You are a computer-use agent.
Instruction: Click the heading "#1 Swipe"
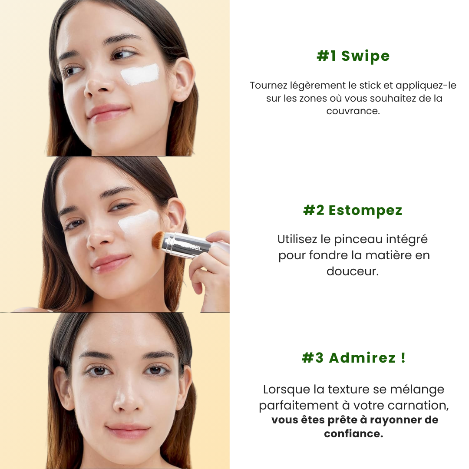(x=353, y=56)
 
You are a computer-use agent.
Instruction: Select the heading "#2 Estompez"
(x=353, y=210)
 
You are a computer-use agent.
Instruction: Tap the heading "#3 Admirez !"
(x=353, y=358)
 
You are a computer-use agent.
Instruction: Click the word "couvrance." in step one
(x=353, y=111)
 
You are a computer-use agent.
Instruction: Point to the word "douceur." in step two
(x=353, y=271)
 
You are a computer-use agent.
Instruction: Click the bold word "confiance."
(x=353, y=433)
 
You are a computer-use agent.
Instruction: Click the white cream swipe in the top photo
(x=140, y=75)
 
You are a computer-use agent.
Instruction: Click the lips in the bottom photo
(x=128, y=431)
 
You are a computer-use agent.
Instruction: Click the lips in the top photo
(x=108, y=112)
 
